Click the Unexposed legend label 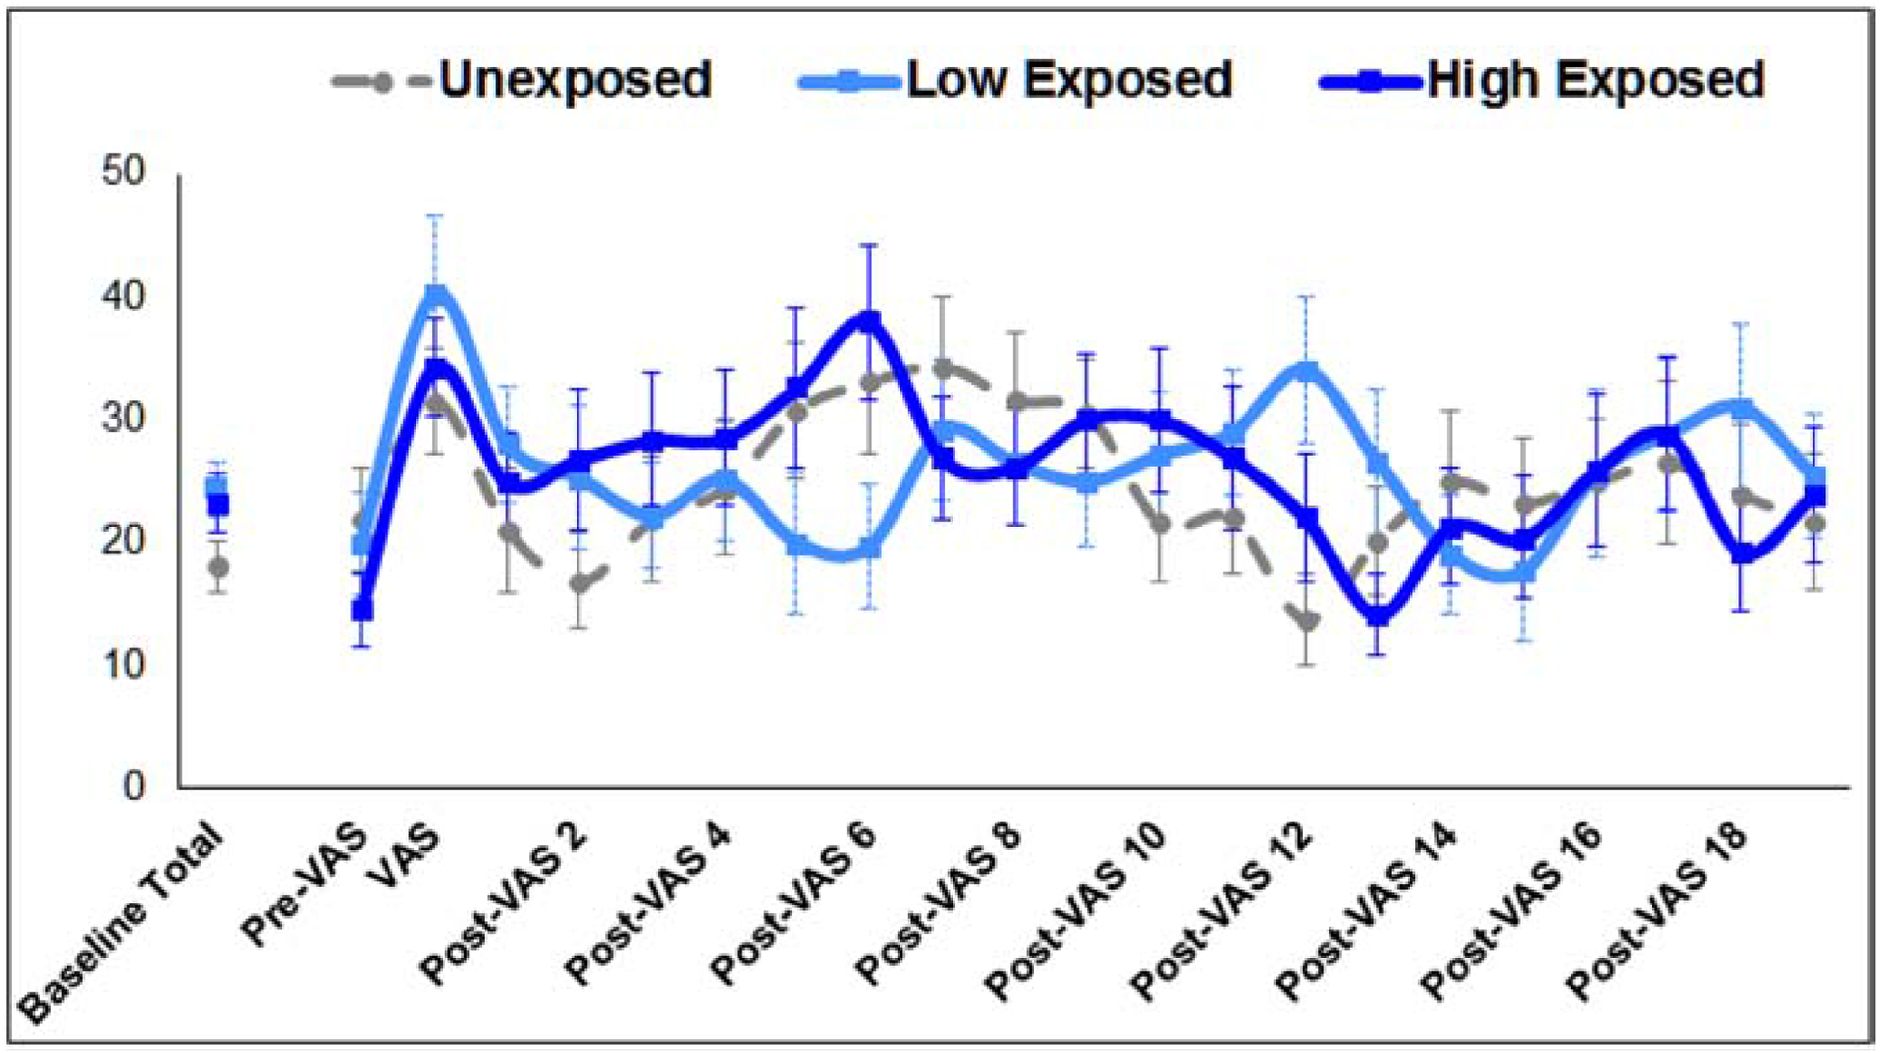coord(575,79)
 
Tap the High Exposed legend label coord(1596,79)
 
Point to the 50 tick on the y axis coord(122,173)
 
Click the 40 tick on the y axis coord(122,296)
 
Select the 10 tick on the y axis coord(122,664)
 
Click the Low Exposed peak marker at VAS coord(436,293)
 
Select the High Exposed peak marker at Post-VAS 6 coord(870,320)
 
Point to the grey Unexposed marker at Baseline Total coord(219,567)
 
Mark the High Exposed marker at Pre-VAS coord(363,610)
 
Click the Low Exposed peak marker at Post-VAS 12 coord(1306,370)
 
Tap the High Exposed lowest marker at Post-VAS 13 coord(1379,615)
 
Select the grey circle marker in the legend coord(382,82)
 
